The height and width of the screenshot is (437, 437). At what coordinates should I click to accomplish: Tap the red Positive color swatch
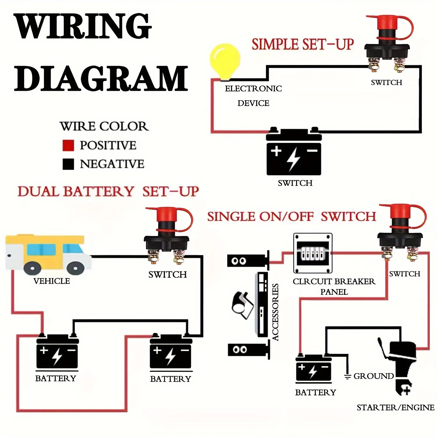point(68,145)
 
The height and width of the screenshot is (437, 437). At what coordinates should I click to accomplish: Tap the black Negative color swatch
point(68,164)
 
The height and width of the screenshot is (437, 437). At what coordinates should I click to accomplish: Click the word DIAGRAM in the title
point(101,78)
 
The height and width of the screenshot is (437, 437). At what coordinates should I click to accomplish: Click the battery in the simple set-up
point(294,153)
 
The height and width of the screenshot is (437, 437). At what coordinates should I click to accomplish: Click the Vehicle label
point(52,281)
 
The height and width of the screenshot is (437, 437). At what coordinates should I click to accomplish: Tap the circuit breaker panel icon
point(313,253)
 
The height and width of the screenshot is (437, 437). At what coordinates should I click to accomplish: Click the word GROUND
point(373,376)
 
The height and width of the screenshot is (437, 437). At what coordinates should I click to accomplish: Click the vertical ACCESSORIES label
point(275,312)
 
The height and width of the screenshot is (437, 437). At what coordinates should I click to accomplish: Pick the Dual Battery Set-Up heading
point(108,192)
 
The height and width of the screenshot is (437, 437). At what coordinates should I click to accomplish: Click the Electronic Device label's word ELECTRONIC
point(253,89)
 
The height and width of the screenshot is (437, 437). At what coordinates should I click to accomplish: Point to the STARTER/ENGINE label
point(395,407)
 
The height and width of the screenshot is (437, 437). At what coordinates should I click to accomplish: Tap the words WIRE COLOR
point(104,126)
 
